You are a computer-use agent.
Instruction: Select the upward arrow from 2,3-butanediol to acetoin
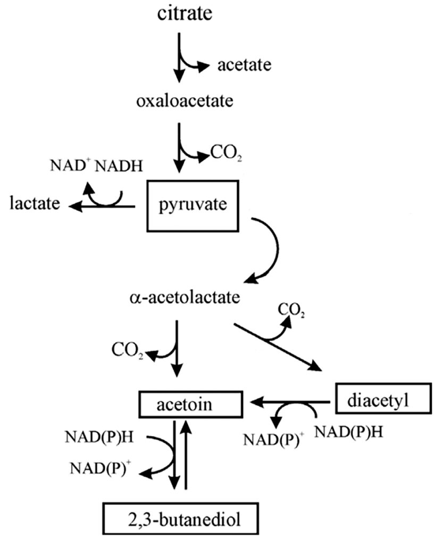[186, 452]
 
